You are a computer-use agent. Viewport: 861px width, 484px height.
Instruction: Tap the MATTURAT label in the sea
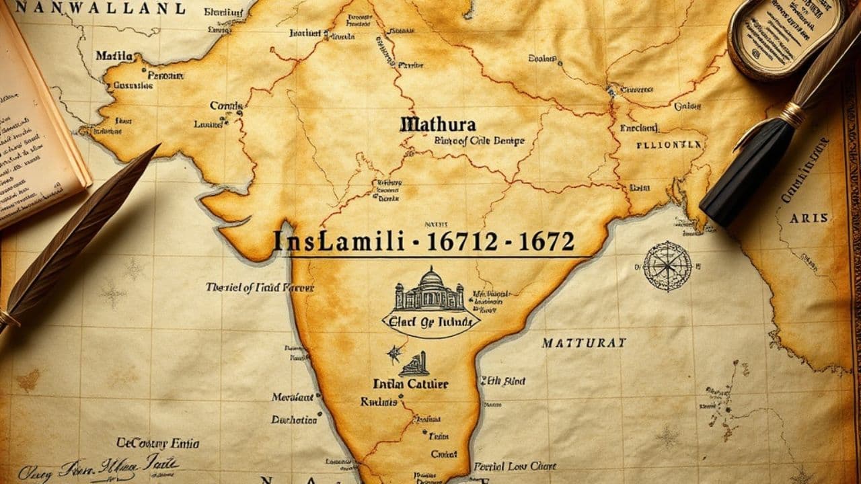[583, 343]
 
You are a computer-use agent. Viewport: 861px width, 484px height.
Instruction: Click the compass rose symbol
[667, 266]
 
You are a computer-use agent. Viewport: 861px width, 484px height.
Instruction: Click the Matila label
[114, 56]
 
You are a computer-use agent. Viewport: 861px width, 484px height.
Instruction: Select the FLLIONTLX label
[669, 144]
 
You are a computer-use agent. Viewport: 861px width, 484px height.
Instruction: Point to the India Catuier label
[410, 385]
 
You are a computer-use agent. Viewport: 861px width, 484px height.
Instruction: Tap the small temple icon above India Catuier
[414, 364]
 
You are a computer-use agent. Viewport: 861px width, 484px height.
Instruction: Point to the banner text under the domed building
[430, 321]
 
